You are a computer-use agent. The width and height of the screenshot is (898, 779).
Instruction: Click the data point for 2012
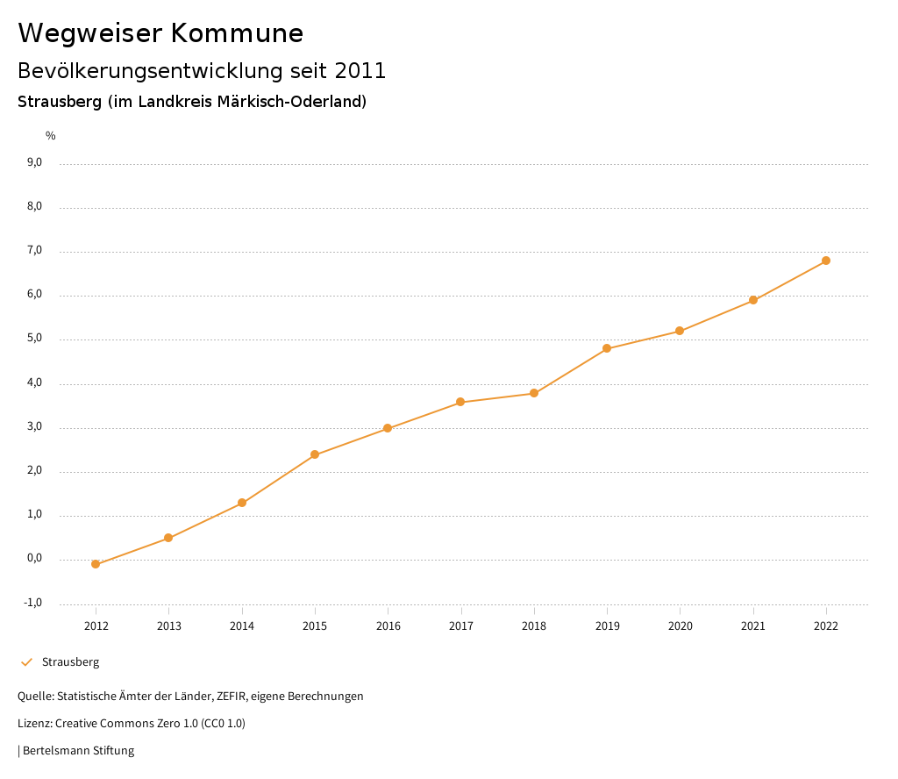tap(96, 564)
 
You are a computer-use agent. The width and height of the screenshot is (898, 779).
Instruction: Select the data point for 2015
tap(315, 454)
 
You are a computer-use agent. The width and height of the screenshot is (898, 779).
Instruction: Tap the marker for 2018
tap(534, 393)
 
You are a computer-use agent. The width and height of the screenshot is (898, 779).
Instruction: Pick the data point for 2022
tap(826, 261)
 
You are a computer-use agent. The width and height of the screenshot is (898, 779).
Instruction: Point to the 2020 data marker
tap(680, 331)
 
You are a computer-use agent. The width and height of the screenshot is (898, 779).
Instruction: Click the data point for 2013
tap(168, 538)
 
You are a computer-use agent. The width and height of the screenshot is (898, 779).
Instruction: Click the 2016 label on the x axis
tap(388, 626)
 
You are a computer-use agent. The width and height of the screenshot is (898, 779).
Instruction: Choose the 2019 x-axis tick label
tap(607, 626)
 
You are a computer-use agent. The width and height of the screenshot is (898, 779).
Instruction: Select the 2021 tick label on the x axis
tap(753, 626)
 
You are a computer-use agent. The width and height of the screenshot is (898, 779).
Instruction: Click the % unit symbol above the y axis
tap(51, 136)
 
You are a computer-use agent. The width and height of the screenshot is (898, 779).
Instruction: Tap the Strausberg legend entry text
tap(71, 662)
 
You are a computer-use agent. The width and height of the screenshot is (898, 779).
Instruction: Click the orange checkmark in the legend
tap(26, 662)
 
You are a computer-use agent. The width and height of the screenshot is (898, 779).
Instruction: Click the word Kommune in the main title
tap(238, 33)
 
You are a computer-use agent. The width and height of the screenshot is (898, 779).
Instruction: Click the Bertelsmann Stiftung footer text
tap(78, 751)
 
